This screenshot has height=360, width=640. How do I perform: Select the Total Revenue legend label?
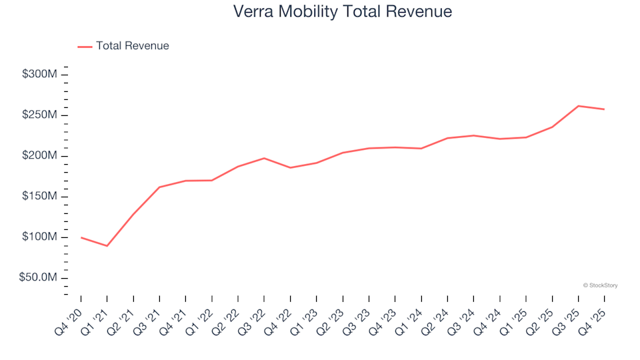[x=132, y=46]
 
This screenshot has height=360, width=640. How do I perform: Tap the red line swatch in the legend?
[x=85, y=47]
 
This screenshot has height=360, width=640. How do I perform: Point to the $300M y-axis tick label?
[x=39, y=74]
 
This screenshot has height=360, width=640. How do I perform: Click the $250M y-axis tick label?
[x=39, y=115]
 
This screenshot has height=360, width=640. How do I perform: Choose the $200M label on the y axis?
[x=39, y=156]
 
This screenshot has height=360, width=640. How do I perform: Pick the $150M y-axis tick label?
[x=39, y=197]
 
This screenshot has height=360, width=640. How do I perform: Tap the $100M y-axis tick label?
[x=39, y=237]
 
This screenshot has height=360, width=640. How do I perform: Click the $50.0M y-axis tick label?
[x=38, y=278]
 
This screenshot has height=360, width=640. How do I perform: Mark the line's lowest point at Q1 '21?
[x=107, y=246]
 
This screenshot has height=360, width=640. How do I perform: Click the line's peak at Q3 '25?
[x=578, y=106]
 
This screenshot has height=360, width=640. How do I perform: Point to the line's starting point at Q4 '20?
[x=81, y=237]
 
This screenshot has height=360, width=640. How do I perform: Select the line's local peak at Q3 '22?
[x=264, y=158]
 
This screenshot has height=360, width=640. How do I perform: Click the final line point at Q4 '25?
[x=604, y=109]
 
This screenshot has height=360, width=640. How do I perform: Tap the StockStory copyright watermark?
[x=600, y=285]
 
